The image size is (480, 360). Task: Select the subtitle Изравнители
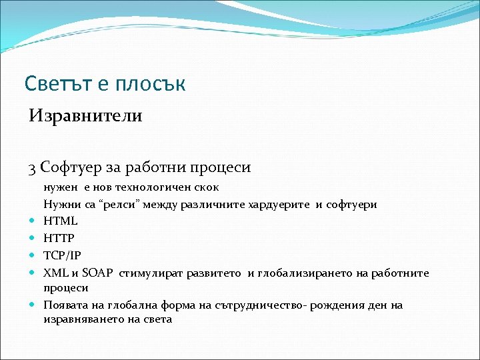(85, 116)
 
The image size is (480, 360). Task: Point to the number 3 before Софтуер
(33, 167)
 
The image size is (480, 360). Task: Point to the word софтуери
(351, 204)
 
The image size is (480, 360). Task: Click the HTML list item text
(61, 221)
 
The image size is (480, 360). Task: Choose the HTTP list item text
(59, 238)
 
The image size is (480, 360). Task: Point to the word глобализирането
(297, 273)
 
